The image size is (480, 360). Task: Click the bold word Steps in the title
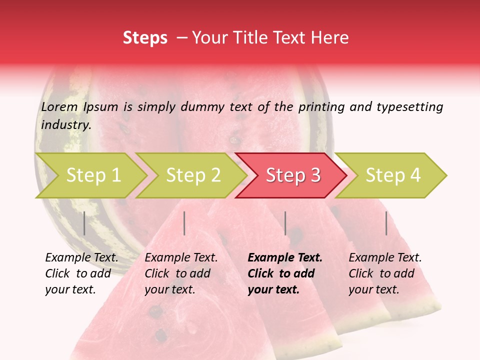pos(145,38)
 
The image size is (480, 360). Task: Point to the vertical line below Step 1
pos(84,223)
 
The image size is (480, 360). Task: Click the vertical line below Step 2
pos(184,223)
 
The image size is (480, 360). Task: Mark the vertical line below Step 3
pos(285,223)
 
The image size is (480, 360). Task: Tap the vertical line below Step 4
pos(386,223)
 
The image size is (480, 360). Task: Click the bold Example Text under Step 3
pos(285,258)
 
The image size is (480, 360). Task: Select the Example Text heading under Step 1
pos(81,258)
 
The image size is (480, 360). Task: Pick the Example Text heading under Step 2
pos(181,258)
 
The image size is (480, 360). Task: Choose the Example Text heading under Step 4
pos(385,258)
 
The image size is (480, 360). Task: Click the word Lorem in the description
pos(59,106)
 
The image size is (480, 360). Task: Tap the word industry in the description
pos(66,124)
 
